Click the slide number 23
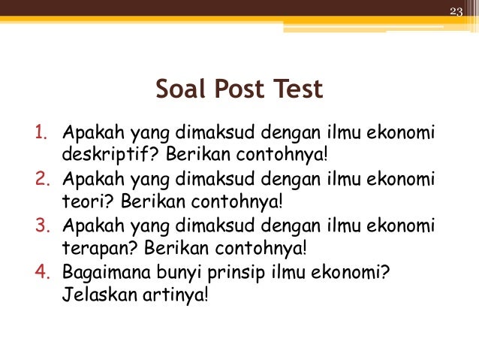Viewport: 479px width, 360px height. click(x=456, y=10)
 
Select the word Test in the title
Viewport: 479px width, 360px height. click(x=298, y=89)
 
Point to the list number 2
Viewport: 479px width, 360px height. click(x=40, y=181)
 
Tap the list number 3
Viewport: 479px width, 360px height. click(x=40, y=226)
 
